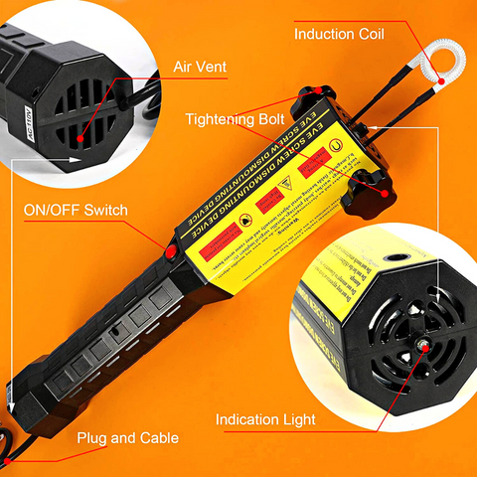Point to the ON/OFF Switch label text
point(75,211)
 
